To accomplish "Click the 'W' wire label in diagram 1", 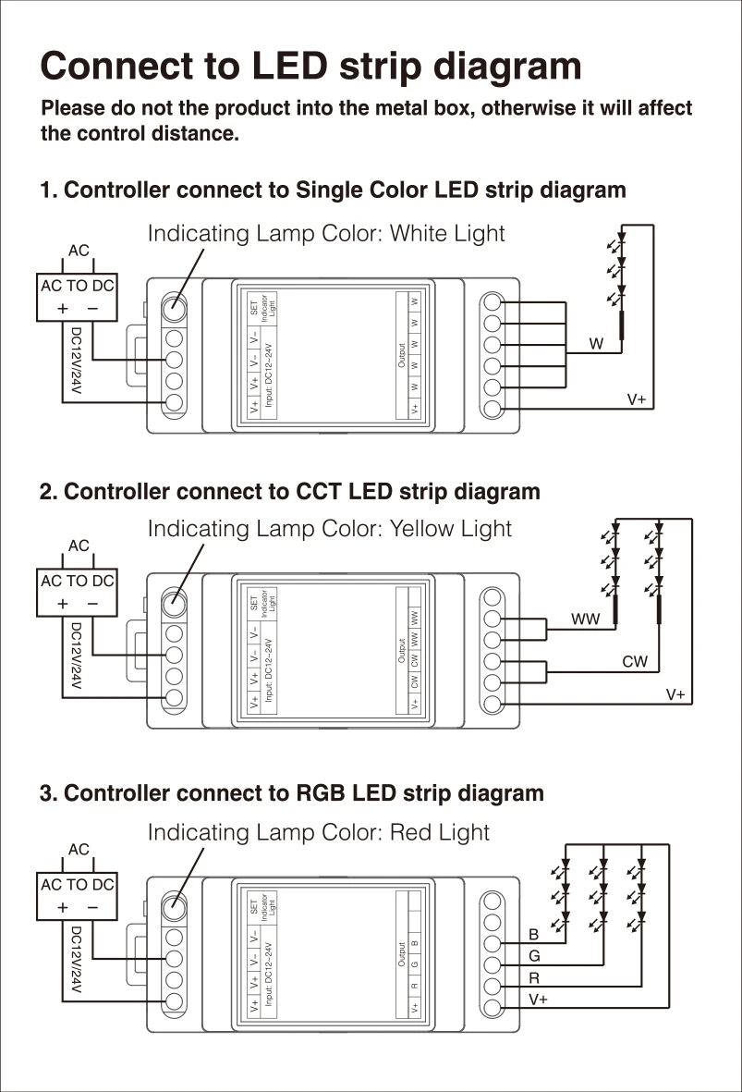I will click(x=596, y=344).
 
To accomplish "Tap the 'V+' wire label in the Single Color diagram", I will click(x=637, y=399).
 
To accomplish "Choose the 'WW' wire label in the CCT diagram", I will click(x=585, y=619).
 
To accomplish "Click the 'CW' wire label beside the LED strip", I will click(x=635, y=661).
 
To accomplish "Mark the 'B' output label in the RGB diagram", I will click(x=534, y=936).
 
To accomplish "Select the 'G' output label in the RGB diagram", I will click(x=534, y=956).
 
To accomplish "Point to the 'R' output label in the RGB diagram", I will click(x=534, y=977).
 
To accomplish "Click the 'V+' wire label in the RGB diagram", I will click(x=538, y=1000).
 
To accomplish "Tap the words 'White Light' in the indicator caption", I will click(x=447, y=233).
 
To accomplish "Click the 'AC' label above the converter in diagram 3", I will click(x=79, y=849).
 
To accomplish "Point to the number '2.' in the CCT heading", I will click(x=49, y=491).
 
